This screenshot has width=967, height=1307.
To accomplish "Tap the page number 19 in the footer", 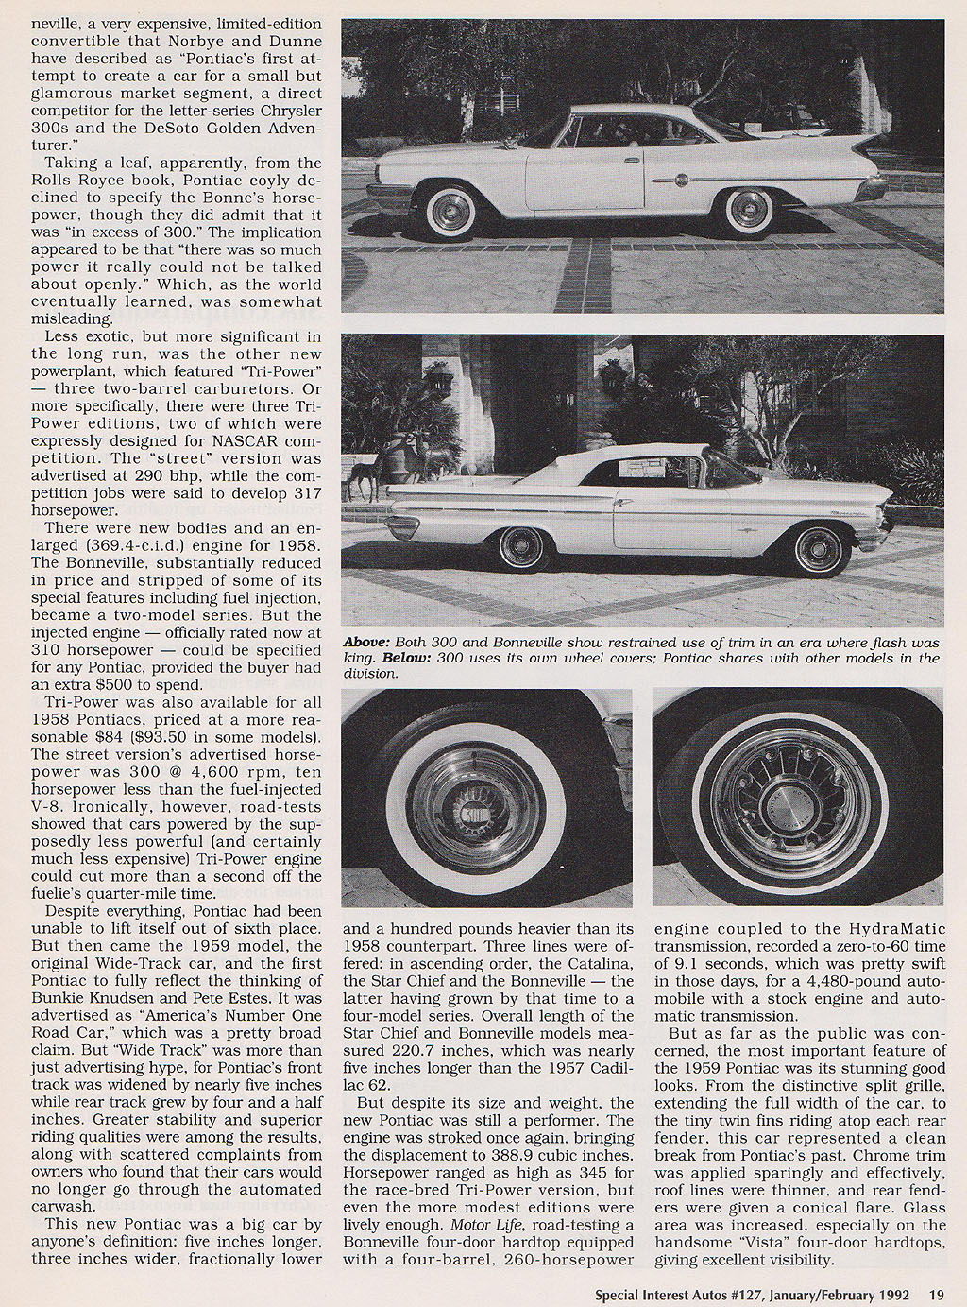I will click(936, 1295).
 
